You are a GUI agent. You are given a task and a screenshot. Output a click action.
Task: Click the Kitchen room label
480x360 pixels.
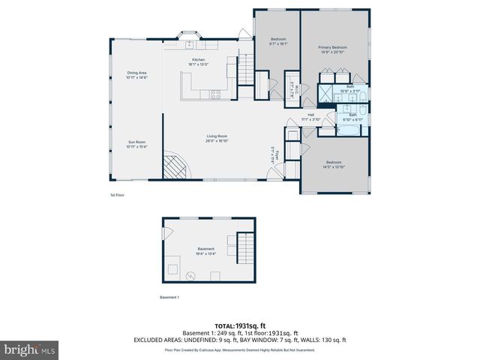pyautogui.click(x=199, y=61)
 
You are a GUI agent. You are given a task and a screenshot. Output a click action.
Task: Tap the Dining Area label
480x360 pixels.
pyautogui.click(x=136, y=75)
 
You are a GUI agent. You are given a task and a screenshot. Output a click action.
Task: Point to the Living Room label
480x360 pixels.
pyautogui.click(x=217, y=138)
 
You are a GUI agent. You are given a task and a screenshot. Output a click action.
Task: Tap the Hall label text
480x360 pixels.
pyautogui.click(x=310, y=116)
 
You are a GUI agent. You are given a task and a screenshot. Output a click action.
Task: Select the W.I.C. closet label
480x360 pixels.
pyautogui.click(x=296, y=92)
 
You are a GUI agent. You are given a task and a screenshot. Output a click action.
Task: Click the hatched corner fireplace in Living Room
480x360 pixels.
pyautogui.click(x=178, y=167)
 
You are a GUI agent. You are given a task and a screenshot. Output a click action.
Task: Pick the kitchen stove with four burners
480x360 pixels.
pyautogui.click(x=214, y=94)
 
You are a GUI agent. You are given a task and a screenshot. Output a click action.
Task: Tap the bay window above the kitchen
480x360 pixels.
pyautogui.click(x=187, y=35)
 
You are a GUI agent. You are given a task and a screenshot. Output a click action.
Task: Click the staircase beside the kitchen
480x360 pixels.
pyautogui.click(x=246, y=71)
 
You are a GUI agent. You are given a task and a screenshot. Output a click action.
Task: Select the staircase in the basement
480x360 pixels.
pyautogui.click(x=246, y=247)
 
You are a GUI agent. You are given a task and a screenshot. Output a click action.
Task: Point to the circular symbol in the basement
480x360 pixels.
pyautogui.click(x=190, y=276)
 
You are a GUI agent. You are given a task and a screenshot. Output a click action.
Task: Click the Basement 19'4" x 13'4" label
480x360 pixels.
pyautogui.click(x=205, y=251)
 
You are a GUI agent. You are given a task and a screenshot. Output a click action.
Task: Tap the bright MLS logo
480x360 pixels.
pyautogui.click(x=30, y=349)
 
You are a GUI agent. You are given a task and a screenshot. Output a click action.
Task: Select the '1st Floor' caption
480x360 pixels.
pyautogui.click(x=117, y=195)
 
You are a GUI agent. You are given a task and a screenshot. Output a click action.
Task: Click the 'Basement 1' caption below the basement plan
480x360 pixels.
pyautogui.click(x=169, y=298)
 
